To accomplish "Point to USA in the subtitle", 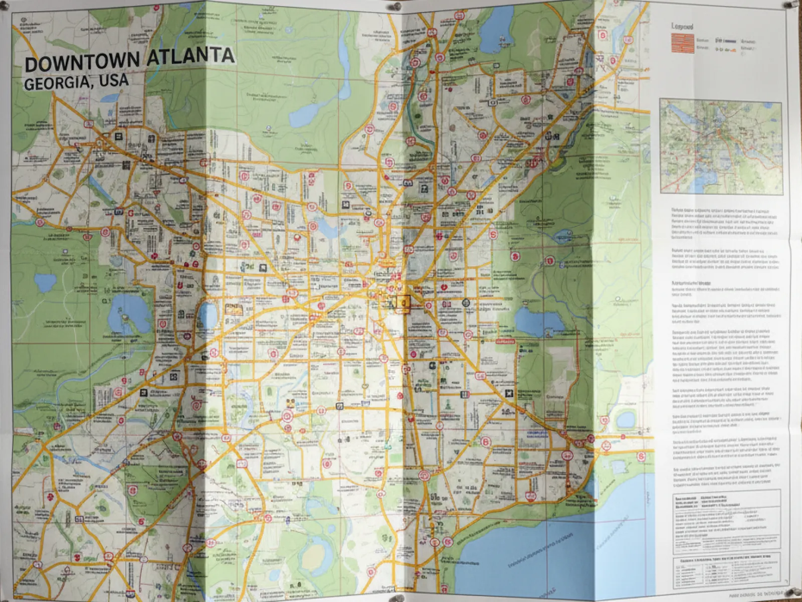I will click(x=114, y=80).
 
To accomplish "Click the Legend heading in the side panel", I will click(x=682, y=26).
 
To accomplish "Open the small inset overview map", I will click(x=721, y=146).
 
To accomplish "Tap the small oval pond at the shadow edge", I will click(x=208, y=314).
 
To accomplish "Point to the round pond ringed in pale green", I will click(x=625, y=419).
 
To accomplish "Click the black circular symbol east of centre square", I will click(x=466, y=303).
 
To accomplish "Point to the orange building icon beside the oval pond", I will click(x=232, y=308).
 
